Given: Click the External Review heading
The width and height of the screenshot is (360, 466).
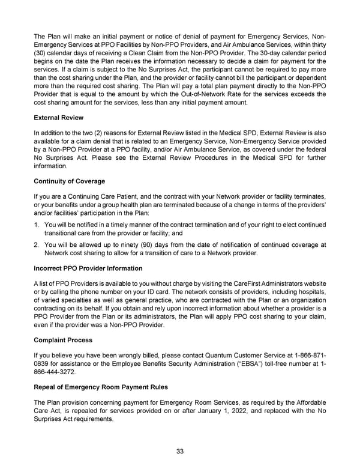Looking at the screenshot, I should (58, 117).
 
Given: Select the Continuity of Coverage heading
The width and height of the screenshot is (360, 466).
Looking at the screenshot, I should (69, 181).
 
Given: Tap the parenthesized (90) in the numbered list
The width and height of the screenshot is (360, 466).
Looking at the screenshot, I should (155, 244).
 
